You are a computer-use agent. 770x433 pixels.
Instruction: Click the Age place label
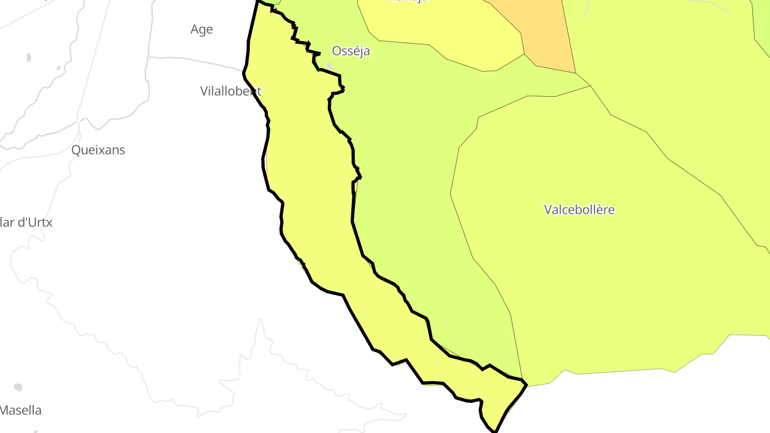202,29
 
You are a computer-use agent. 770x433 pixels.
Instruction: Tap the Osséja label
351,51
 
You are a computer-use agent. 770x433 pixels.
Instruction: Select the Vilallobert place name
230,91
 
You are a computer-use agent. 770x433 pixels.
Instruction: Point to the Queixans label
98,150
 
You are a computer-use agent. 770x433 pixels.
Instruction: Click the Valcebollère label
579,210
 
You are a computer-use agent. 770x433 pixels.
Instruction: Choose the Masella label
21,411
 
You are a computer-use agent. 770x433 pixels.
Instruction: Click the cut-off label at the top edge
407,2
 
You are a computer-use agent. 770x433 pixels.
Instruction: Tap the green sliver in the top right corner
761,21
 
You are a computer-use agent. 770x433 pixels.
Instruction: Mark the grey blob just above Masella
18,387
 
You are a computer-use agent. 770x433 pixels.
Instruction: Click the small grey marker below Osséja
329,66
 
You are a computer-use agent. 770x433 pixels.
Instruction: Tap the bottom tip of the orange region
575,73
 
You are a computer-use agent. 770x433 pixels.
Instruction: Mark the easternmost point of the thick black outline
527,384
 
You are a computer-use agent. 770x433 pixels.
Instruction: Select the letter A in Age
195,29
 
